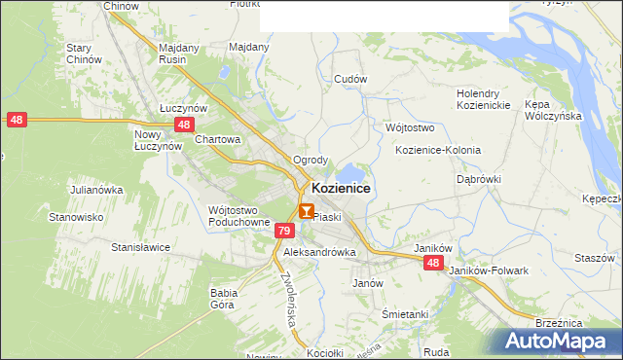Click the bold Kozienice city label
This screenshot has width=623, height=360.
click(340, 188)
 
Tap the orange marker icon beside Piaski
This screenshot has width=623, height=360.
click(307, 211)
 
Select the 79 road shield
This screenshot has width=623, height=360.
click(283, 231)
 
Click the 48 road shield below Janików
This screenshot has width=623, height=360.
click(433, 263)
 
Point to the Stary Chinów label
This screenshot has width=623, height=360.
click(84, 54)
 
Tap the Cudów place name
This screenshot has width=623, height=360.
click(349, 79)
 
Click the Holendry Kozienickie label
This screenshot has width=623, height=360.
click(484, 99)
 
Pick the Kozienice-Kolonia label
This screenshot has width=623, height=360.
click(438, 150)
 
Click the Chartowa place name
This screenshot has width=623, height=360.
click(217, 139)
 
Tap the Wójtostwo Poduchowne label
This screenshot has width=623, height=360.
click(238, 215)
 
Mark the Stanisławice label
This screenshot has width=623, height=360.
click(141, 247)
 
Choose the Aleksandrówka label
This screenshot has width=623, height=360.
click(320, 251)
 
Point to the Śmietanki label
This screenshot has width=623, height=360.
click(405, 314)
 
